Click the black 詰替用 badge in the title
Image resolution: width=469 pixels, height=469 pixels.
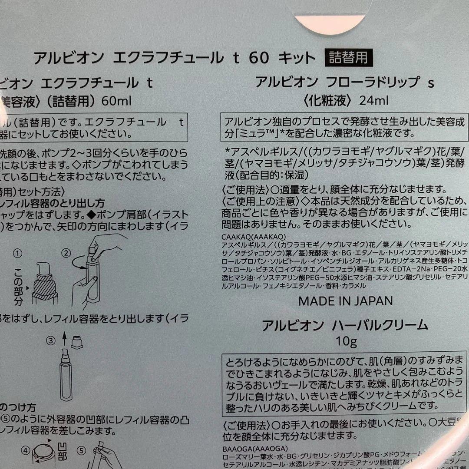point(348,58)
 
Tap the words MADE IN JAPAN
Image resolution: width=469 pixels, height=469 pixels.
point(346,301)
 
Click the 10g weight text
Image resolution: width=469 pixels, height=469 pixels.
point(346,342)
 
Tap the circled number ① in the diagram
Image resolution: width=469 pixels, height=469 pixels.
point(18,253)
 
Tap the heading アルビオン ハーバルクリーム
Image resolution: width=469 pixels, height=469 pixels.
point(345,326)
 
